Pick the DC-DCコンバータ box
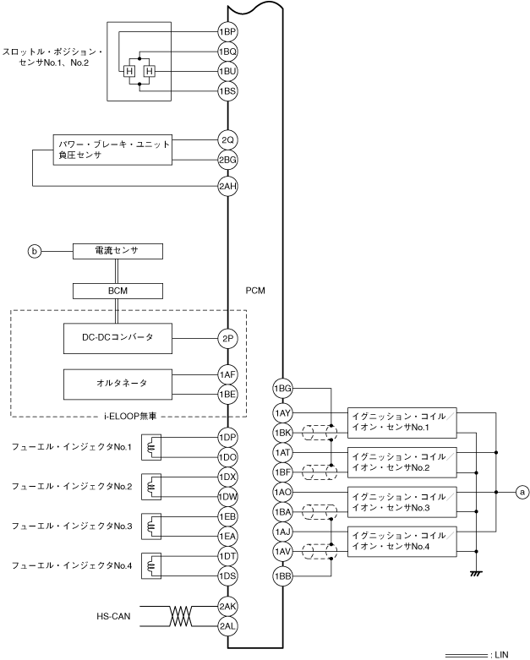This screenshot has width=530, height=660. (x=118, y=338)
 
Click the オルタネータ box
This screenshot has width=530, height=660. (x=118, y=383)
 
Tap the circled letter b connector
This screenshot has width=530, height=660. (x=35, y=251)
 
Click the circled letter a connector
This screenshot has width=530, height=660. (x=522, y=490)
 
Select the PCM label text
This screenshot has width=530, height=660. (x=254, y=290)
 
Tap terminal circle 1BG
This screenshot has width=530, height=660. (x=282, y=389)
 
